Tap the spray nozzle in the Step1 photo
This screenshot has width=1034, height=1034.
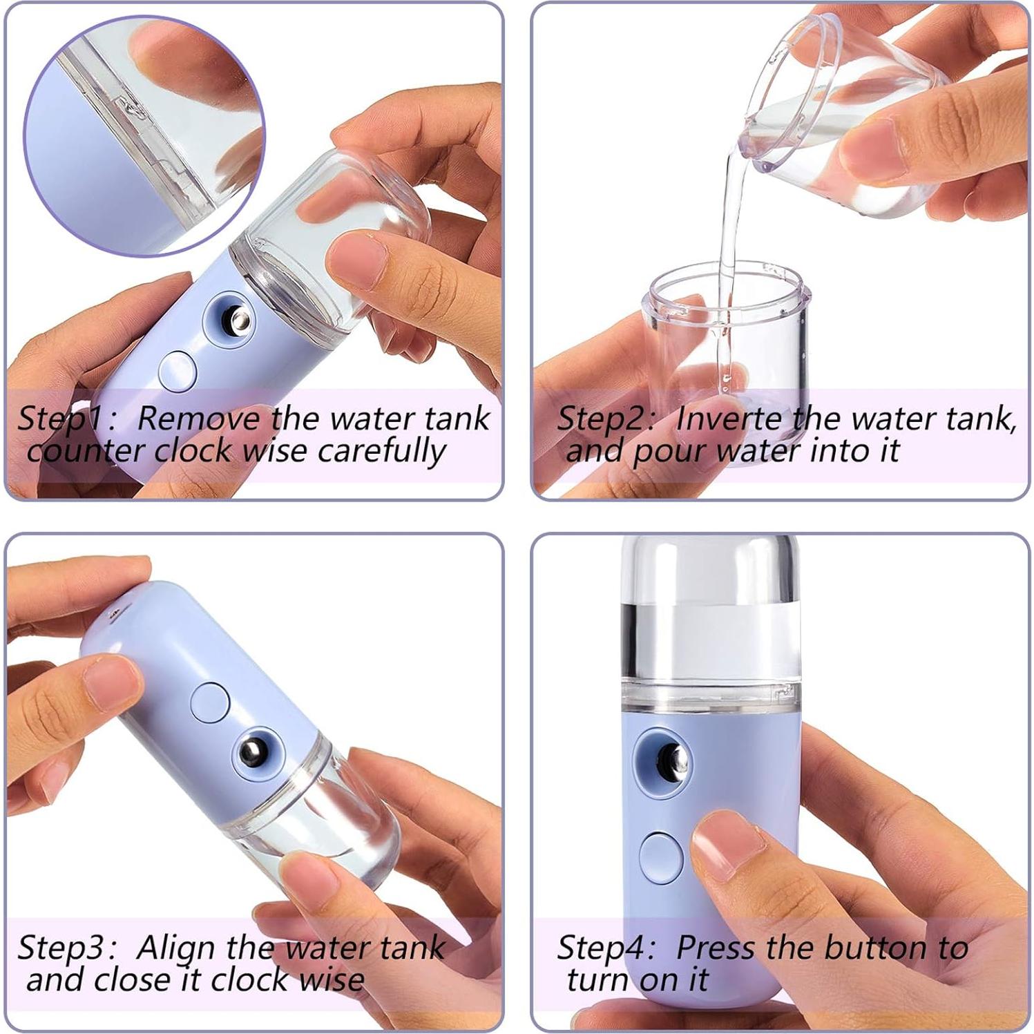pyautogui.click(x=238, y=320)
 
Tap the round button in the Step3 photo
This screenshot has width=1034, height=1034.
pyautogui.click(x=210, y=703)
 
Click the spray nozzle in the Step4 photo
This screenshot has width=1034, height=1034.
pyautogui.click(x=669, y=760)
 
